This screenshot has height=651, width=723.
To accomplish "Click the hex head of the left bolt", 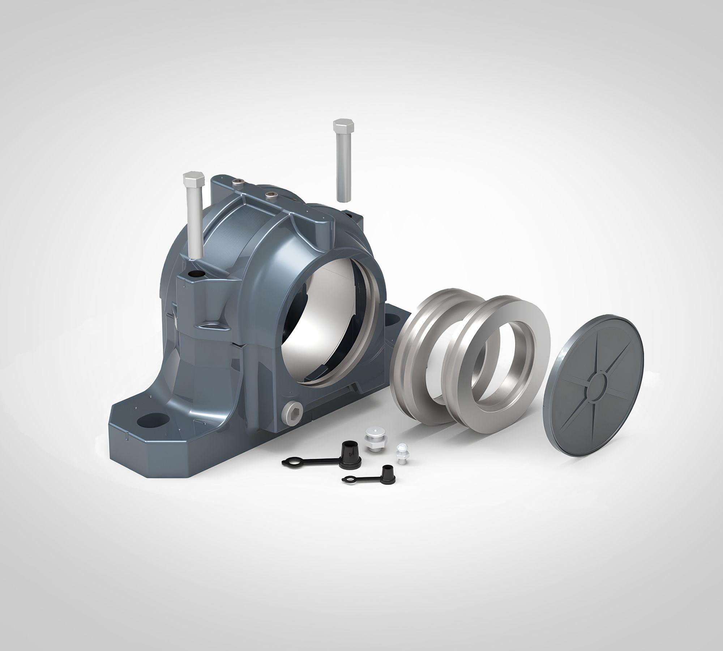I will coord(194,178).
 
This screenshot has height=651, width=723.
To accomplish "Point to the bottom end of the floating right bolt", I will coord(343,198).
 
